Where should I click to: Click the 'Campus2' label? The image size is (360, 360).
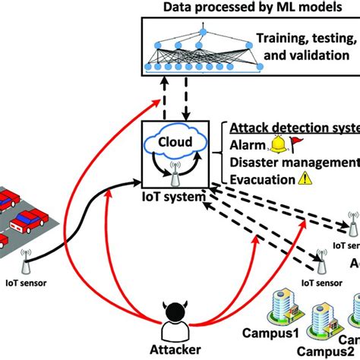309,352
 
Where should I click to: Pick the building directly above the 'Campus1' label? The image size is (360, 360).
274,304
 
